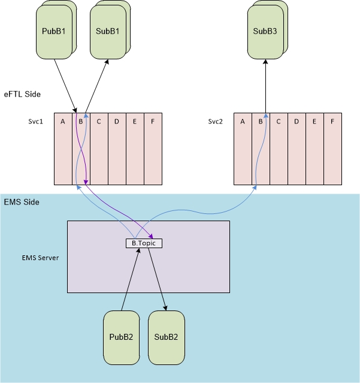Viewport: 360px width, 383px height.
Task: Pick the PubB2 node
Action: click(122, 337)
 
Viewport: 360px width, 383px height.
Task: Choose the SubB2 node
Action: click(166, 337)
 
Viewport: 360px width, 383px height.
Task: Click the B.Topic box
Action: click(144, 243)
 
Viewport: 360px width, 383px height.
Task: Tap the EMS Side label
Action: click(22, 203)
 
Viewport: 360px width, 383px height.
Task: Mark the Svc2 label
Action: click(216, 121)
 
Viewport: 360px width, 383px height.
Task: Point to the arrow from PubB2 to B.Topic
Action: click(131, 280)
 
